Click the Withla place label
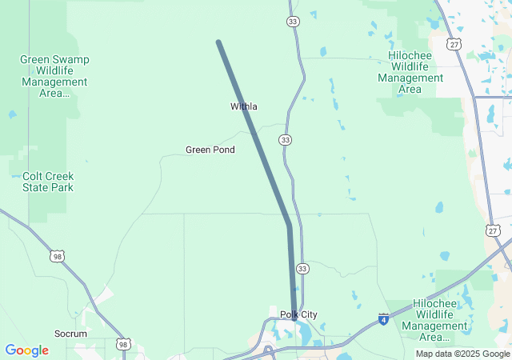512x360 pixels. (x=244, y=106)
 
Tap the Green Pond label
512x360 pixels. (x=210, y=150)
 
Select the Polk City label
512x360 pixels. (x=298, y=314)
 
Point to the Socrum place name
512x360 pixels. (x=70, y=333)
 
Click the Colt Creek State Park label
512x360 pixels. (x=48, y=182)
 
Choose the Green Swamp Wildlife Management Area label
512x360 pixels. (x=54, y=76)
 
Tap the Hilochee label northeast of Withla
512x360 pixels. (x=410, y=72)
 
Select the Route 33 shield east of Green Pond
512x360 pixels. (x=286, y=140)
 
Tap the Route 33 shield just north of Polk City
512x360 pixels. (x=302, y=268)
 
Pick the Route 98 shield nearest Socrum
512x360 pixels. (x=122, y=344)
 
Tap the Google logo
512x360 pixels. (x=26, y=350)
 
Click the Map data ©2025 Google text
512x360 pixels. (x=462, y=354)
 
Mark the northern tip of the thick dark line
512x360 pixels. (x=218, y=42)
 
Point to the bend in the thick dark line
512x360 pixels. (x=289, y=225)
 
